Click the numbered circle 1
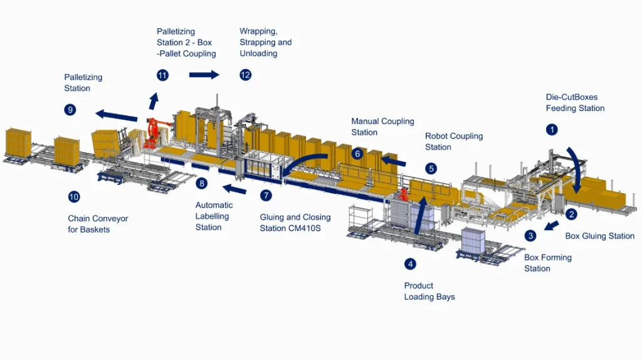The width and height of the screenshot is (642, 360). pyautogui.click(x=552, y=130)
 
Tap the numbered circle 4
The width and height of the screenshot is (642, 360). pyautogui.click(x=410, y=264)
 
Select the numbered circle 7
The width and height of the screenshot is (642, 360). pyautogui.click(x=266, y=195)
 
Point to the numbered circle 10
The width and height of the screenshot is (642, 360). pyautogui.click(x=74, y=197)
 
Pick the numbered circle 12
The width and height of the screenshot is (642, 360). pyautogui.click(x=245, y=75)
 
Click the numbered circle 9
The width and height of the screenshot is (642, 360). pyautogui.click(x=70, y=110)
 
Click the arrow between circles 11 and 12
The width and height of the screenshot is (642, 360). pyautogui.click(x=204, y=75)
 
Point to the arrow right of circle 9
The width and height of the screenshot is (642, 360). pyautogui.click(x=117, y=115)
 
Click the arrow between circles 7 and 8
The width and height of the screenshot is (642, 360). pyautogui.click(x=235, y=189)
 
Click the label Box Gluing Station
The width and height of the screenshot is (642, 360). pyautogui.click(x=599, y=236)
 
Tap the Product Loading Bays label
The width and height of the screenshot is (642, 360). pyautogui.click(x=429, y=291)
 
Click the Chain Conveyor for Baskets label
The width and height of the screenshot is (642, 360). pyautogui.click(x=98, y=224)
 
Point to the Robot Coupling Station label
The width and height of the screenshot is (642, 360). pyautogui.click(x=453, y=141)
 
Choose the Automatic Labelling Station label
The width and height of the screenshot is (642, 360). pyautogui.click(x=214, y=216)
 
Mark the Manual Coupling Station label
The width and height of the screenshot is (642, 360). pyautogui.click(x=382, y=127)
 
